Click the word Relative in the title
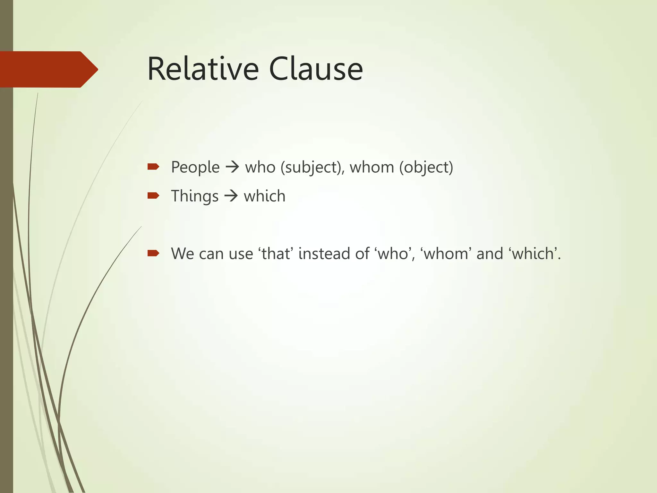(x=203, y=69)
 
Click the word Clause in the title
(x=316, y=69)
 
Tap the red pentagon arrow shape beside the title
(x=48, y=69)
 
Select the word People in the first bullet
(x=195, y=167)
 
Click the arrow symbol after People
(x=232, y=167)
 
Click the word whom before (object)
(x=371, y=167)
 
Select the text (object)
(x=426, y=167)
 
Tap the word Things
(x=194, y=196)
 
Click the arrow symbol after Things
(x=231, y=196)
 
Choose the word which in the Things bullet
(x=264, y=196)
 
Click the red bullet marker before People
(x=153, y=166)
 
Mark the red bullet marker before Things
(x=153, y=195)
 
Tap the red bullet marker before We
(x=153, y=253)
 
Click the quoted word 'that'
(x=276, y=254)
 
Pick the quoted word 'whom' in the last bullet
(x=446, y=254)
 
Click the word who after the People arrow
(x=260, y=167)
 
